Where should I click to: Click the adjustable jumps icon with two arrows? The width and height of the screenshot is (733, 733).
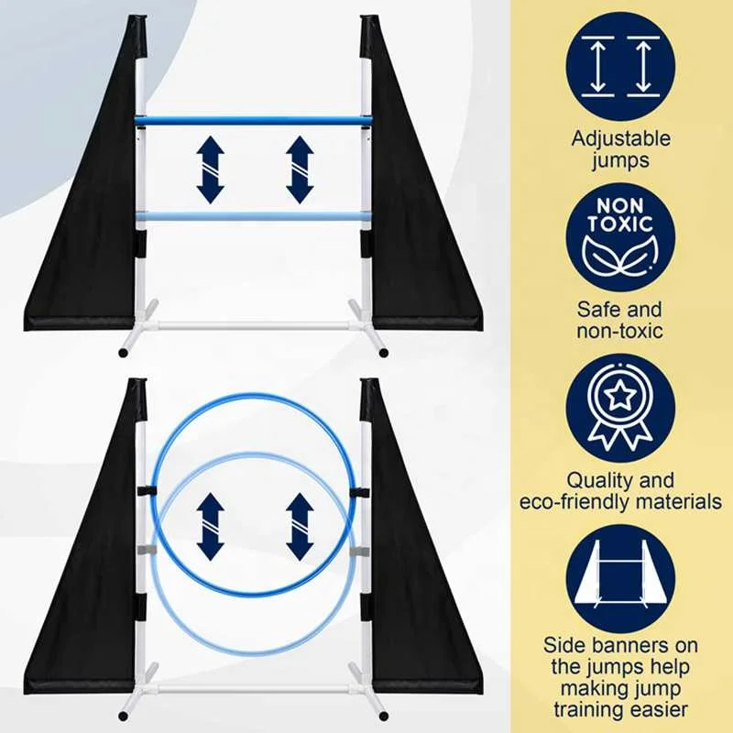click(x=620, y=66)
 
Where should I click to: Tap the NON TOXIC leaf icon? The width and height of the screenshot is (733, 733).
click(x=620, y=236)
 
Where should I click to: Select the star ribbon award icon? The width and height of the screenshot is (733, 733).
click(x=620, y=407)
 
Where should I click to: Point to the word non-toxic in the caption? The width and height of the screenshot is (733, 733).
click(x=620, y=330)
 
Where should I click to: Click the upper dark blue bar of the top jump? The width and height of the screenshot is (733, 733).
click(x=252, y=120)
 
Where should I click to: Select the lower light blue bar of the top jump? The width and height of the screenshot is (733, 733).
click(x=252, y=216)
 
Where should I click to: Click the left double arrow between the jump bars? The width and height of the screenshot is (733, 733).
click(x=210, y=170)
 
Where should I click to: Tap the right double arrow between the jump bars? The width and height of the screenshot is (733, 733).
click(x=299, y=170)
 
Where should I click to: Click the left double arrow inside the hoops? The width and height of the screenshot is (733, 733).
click(x=210, y=526)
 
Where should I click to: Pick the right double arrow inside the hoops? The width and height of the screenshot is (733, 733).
click(x=299, y=526)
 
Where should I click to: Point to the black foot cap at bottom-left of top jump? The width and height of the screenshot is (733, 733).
click(x=123, y=352)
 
